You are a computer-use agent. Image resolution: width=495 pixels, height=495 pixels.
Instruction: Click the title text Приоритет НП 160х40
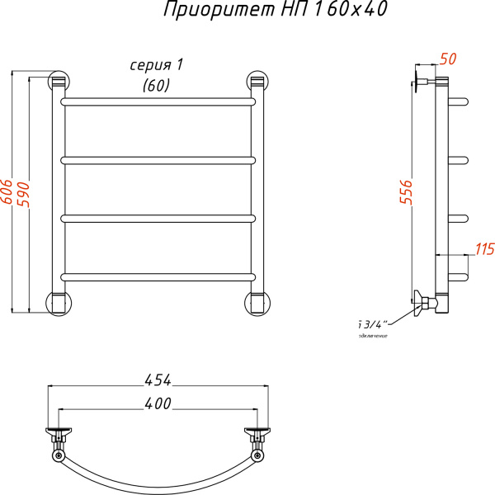pos(263,11)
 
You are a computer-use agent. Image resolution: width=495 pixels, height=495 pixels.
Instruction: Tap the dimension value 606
pos(7,192)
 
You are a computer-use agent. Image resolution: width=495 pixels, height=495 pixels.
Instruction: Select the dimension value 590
pos(24,192)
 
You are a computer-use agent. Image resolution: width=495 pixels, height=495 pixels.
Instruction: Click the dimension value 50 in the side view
pos(448,59)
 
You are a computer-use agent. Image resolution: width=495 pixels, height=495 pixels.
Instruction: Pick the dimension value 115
pos(484,248)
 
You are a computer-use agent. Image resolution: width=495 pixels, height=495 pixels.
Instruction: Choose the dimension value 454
pos(158,380)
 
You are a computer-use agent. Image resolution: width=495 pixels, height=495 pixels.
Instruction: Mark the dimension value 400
pos(158,403)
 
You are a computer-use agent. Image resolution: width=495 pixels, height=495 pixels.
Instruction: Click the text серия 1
pos(156,65)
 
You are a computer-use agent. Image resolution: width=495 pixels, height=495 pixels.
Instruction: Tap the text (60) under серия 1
pos(156,84)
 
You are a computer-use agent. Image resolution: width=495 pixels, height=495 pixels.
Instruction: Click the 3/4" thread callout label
pos(373,323)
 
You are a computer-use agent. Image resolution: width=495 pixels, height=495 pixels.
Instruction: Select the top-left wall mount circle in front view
pos(58,82)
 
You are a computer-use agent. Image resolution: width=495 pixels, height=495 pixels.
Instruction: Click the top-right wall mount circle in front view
pos(257,82)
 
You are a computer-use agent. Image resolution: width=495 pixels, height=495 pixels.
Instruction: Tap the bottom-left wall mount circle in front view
pos(58,302)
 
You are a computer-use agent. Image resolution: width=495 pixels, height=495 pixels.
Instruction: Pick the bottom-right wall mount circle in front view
pos(257,302)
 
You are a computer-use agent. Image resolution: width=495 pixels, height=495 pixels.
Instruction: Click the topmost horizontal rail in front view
pos(158,102)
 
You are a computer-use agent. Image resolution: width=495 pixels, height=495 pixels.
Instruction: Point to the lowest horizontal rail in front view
pos(158,276)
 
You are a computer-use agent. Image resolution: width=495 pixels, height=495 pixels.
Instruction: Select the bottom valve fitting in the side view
pos(425,303)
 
